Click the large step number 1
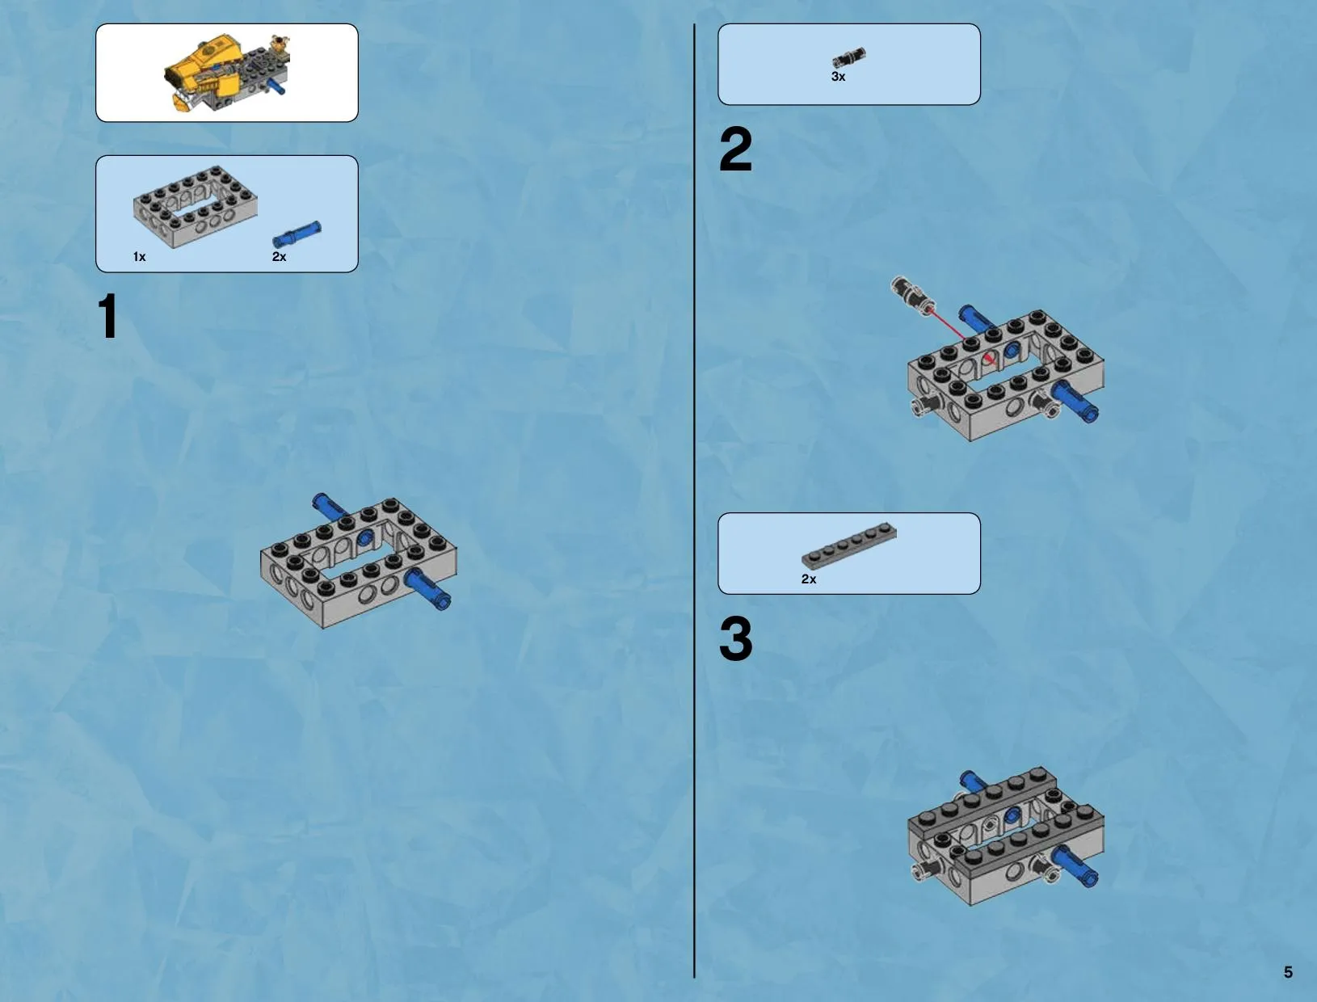108,316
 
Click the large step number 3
735,638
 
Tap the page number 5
1288,972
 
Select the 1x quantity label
139,257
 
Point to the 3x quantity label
838,77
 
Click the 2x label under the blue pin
279,257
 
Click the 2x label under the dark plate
809,579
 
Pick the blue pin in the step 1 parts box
297,234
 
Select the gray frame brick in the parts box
195,206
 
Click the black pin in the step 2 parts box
849,57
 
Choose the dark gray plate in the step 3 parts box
849,545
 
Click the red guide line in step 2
961,336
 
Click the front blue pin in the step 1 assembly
427,590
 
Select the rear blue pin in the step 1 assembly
330,506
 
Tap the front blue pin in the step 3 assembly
1076,865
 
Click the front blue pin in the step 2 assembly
1075,401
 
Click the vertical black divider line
694,501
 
